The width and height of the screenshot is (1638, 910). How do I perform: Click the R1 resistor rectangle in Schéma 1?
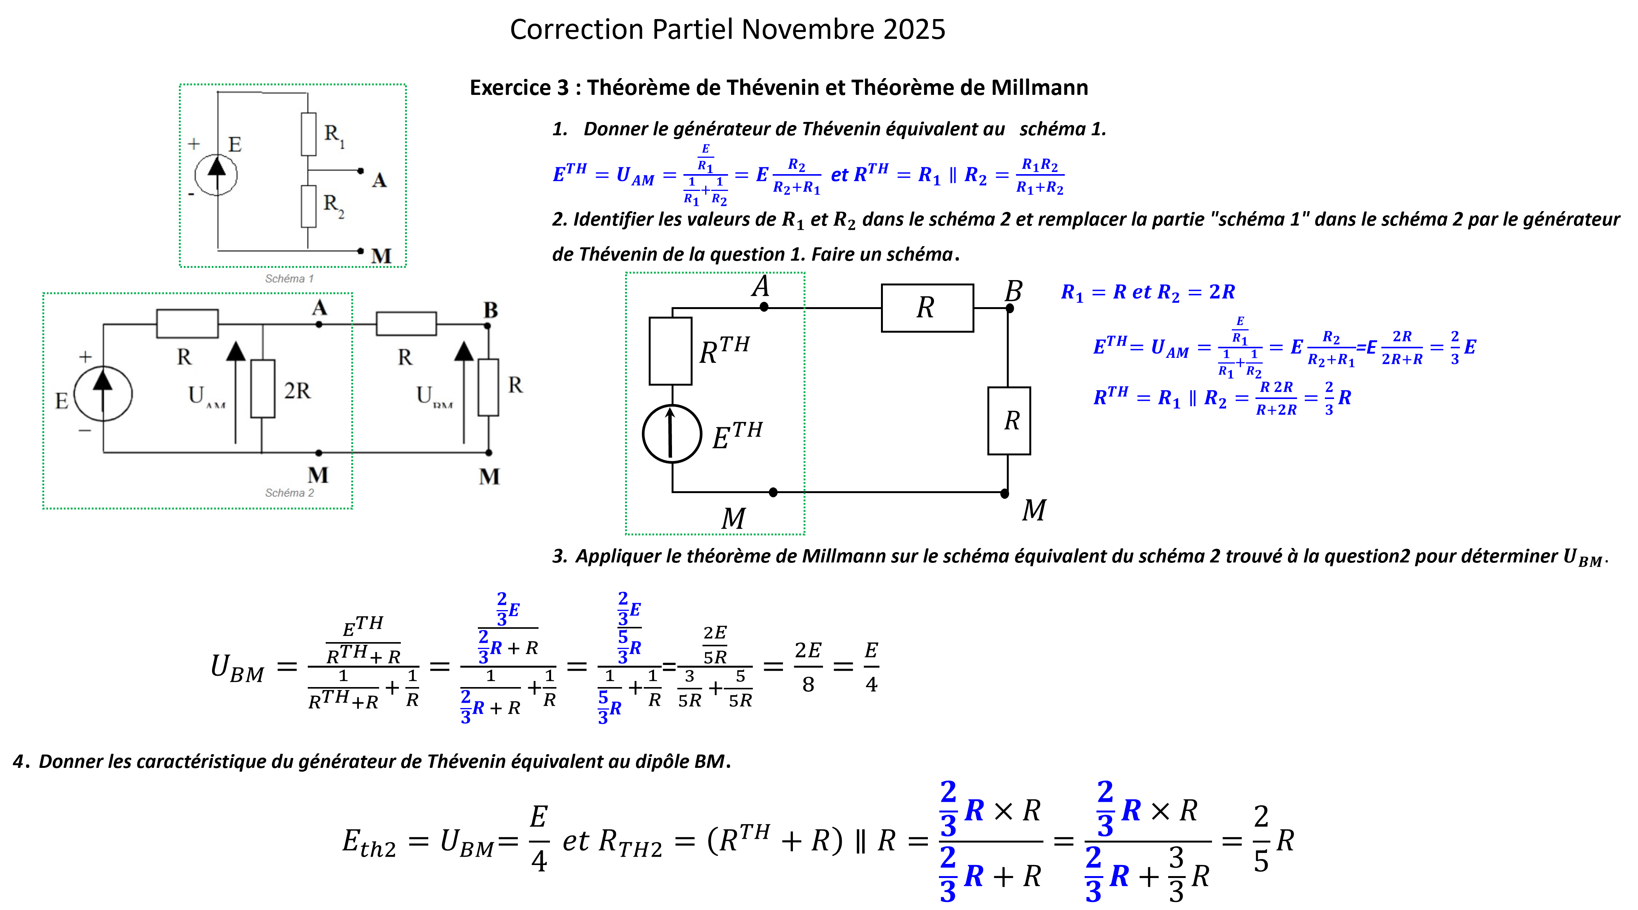tap(309, 134)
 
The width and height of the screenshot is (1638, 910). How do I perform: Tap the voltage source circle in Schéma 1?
tap(216, 175)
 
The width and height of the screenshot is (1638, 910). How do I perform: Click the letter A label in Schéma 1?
tap(379, 181)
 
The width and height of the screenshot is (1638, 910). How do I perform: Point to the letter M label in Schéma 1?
tap(381, 256)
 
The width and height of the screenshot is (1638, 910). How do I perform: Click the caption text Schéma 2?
tap(289, 492)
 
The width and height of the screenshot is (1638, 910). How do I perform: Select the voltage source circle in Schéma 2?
tap(103, 393)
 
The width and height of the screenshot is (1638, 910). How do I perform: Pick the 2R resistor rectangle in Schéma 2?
tap(263, 388)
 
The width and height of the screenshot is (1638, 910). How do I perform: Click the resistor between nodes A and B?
tap(406, 324)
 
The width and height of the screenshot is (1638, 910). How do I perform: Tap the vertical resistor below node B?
tap(488, 387)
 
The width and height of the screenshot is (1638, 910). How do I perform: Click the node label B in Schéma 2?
tap(490, 310)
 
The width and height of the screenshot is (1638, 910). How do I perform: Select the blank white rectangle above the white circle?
tap(670, 351)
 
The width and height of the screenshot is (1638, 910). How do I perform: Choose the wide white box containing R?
tap(927, 308)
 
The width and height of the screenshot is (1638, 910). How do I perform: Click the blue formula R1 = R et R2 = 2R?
tap(1148, 292)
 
